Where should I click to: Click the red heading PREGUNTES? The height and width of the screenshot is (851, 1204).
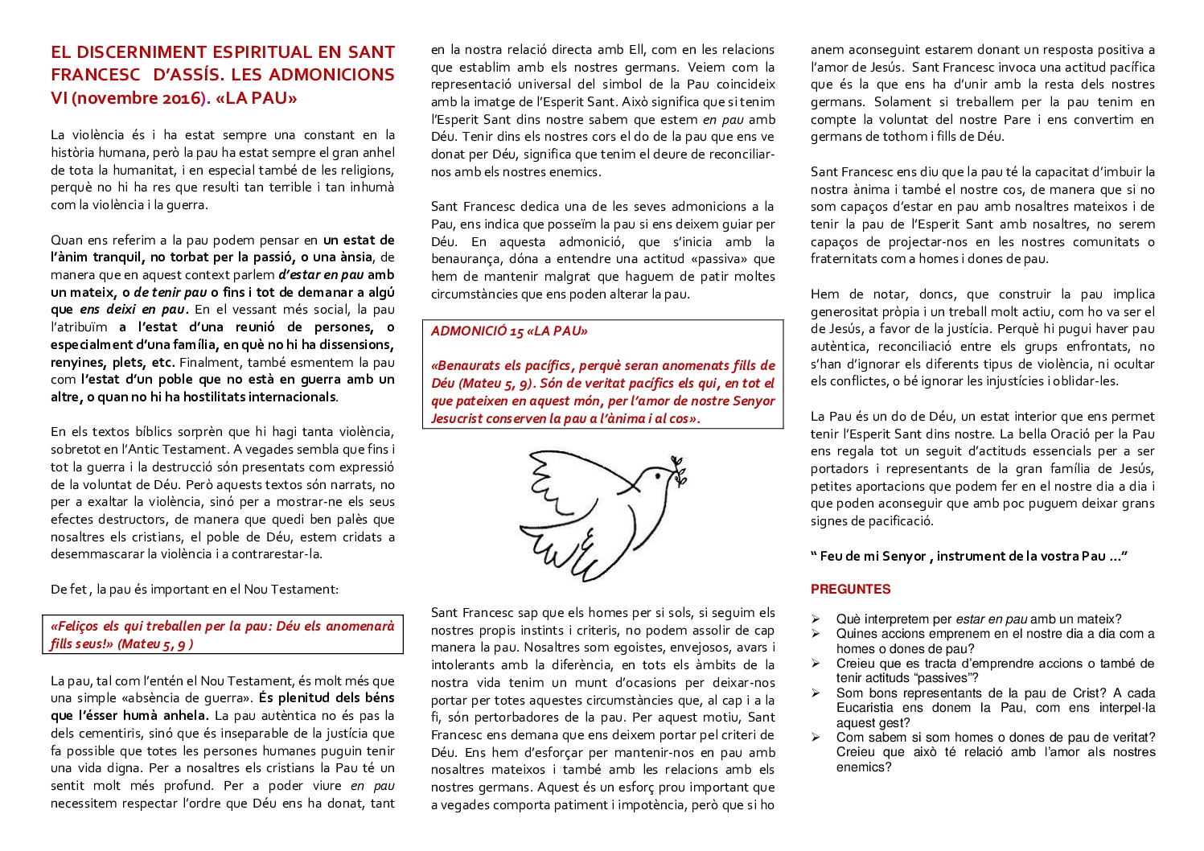pyautogui.click(x=850, y=589)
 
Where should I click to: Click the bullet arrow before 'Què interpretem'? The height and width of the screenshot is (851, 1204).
pyautogui.click(x=816, y=619)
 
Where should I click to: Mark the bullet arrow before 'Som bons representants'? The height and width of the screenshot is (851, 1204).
pyautogui.click(x=816, y=693)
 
